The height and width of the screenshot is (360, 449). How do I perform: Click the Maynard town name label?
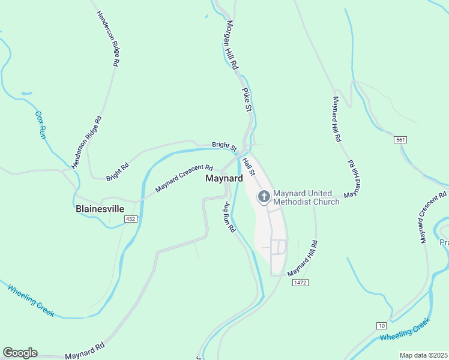[224, 179]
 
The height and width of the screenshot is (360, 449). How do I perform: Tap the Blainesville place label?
[100, 209]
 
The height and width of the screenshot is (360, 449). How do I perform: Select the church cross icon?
[264, 196]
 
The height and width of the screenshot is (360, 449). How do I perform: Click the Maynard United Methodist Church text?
[306, 197]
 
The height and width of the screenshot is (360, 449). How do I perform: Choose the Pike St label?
[246, 100]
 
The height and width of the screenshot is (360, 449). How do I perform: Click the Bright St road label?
[224, 146]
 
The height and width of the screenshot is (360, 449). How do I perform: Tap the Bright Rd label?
[117, 173]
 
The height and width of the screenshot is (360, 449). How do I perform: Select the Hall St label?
[250, 166]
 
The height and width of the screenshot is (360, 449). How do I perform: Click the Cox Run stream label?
[40, 125]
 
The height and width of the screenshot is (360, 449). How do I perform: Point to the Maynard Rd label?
[85, 351]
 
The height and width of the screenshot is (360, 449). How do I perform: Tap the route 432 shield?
[131, 220]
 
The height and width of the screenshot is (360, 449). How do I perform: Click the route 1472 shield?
[301, 282]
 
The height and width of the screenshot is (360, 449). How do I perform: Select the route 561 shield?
[401, 140]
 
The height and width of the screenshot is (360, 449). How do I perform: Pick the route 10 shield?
[382, 326]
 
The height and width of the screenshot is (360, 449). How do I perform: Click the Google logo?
[20, 353]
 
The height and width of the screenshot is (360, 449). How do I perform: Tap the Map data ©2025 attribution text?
[424, 355]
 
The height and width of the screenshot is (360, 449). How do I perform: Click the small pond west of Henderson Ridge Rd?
[26, 94]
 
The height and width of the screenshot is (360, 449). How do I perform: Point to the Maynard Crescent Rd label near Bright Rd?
[184, 178]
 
